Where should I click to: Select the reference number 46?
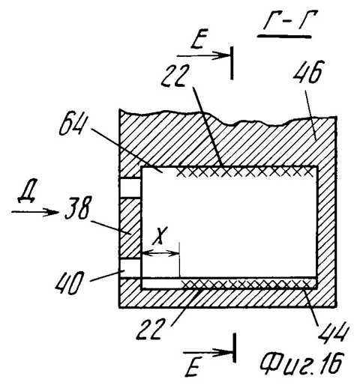click(x=309, y=72)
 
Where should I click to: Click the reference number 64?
click(x=71, y=126)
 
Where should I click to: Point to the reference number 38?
click(x=78, y=207)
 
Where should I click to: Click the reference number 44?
click(x=334, y=332)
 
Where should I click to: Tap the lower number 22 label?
click(x=151, y=329)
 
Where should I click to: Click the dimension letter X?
click(x=160, y=236)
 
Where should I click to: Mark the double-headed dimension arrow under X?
click(x=160, y=253)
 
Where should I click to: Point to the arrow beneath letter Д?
click(x=34, y=212)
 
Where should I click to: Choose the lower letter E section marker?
click(x=193, y=368)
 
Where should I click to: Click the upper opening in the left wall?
click(x=130, y=188)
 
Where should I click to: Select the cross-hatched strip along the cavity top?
click(x=245, y=172)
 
